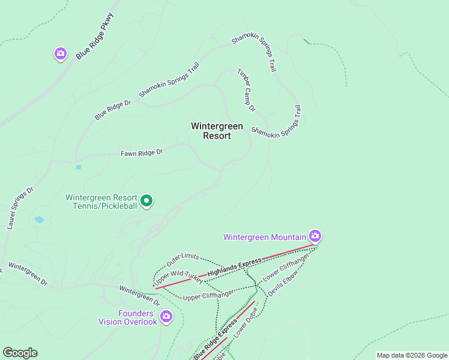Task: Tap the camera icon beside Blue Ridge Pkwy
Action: [x=60, y=54]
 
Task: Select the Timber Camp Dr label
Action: [x=246, y=90]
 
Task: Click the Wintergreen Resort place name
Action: [x=217, y=131]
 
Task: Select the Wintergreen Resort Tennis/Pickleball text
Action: [x=101, y=202]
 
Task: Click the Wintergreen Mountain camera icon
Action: [x=315, y=236]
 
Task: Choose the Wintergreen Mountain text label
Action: [x=264, y=237]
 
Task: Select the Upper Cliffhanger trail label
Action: [x=208, y=296]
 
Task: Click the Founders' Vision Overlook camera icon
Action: [x=166, y=316]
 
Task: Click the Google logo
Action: [x=20, y=353]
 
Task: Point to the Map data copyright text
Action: [x=412, y=355]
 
